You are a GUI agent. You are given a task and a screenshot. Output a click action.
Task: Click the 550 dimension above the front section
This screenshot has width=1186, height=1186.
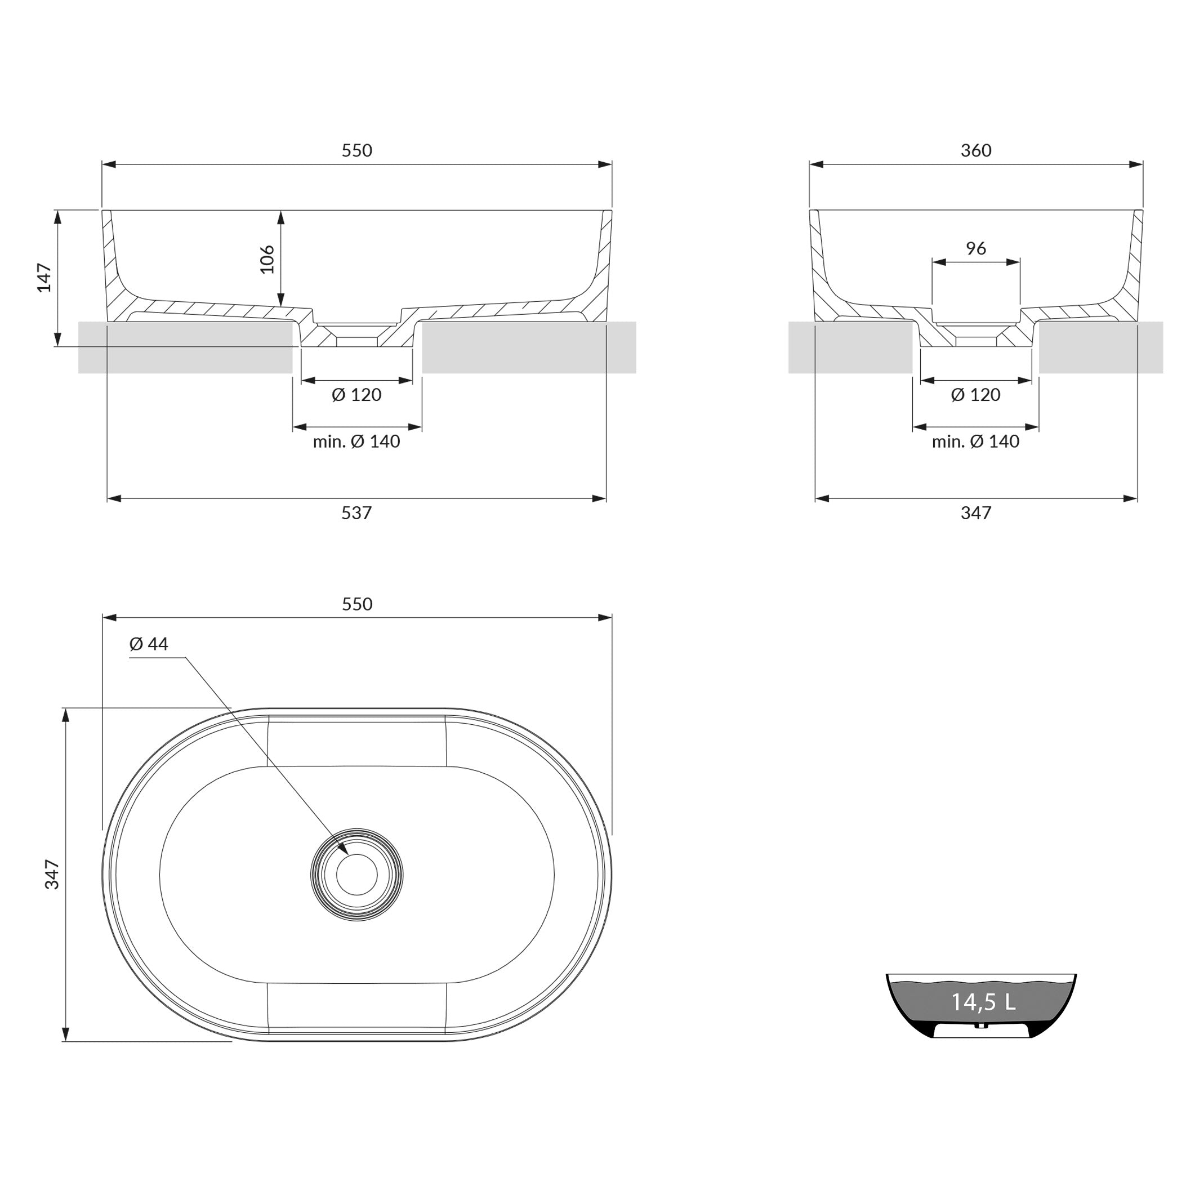[x=356, y=150]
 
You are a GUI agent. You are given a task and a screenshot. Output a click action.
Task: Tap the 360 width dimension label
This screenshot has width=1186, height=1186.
[x=976, y=150]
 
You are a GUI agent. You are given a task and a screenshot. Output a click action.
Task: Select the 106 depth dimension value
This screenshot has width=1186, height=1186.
[x=267, y=259]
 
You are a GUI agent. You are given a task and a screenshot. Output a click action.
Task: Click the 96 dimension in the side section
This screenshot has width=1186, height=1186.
[x=976, y=248]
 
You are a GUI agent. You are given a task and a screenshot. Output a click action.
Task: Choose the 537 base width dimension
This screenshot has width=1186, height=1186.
[x=356, y=512]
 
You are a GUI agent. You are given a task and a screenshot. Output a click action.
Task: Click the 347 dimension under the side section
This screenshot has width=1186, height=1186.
[x=976, y=512]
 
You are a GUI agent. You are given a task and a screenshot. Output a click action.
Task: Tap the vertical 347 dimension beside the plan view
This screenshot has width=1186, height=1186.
[x=52, y=874]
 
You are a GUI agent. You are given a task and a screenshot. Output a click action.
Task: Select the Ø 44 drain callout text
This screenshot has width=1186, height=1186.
[x=149, y=643]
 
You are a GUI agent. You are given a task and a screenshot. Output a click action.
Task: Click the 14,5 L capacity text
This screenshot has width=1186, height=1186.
[x=983, y=1019]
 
